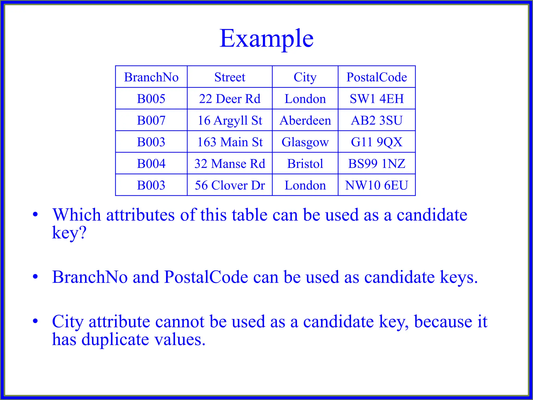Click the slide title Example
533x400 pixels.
[266, 39]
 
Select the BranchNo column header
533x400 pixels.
[151, 77]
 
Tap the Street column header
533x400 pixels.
[230, 77]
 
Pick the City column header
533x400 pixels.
[305, 77]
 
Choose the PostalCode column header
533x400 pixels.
[377, 77]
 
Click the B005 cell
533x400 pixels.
[151, 99]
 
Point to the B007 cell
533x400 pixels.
[151, 120]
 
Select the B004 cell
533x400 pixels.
[151, 164]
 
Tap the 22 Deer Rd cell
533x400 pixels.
[230, 99]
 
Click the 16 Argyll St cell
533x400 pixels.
[230, 120]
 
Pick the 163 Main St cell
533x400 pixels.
[230, 142]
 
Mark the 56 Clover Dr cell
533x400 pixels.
[230, 185]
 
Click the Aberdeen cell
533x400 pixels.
[305, 120]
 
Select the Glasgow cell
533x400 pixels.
[305, 142]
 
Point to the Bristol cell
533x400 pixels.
[305, 164]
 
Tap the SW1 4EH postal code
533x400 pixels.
[377, 99]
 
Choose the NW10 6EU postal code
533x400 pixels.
[377, 185]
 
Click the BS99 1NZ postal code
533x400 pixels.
[377, 164]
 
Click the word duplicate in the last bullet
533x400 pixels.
[115, 340]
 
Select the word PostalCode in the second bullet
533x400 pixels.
[206, 277]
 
